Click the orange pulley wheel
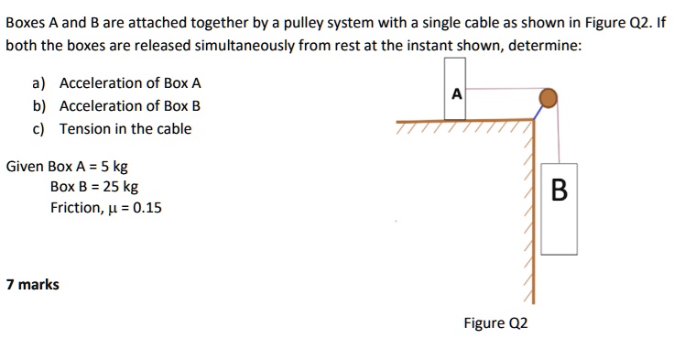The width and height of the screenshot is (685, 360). (548, 96)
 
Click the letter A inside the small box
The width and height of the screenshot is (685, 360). (455, 93)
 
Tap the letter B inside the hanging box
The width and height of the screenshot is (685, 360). (560, 191)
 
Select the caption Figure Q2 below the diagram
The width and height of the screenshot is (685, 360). (495, 322)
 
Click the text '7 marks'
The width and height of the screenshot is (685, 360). (32, 285)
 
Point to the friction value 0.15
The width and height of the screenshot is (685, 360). (147, 208)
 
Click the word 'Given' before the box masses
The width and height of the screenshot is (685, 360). (25, 167)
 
